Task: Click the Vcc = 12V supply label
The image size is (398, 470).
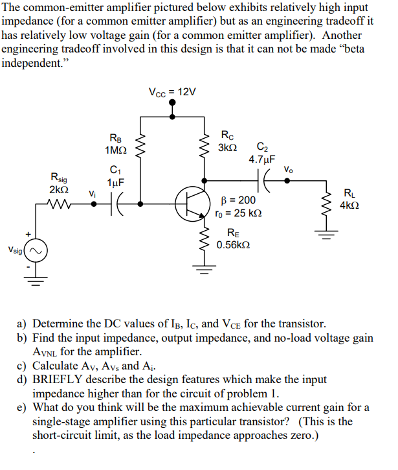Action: tap(171, 92)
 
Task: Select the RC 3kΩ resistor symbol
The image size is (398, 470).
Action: tap(205, 144)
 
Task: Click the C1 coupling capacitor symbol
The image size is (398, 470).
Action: tap(118, 203)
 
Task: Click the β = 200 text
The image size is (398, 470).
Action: tap(238, 200)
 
